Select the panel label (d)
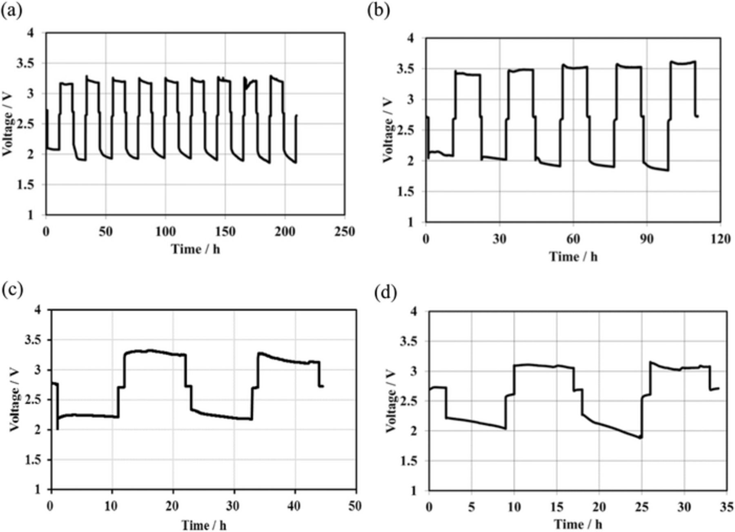click(385, 293)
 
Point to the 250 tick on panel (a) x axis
click(344, 232)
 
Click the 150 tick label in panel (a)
click(225, 232)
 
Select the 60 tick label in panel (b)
click(573, 239)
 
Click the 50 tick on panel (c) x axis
click(356, 506)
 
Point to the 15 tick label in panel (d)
click(556, 507)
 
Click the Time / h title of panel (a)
click(195, 249)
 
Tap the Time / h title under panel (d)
click(578, 524)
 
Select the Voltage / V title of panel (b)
click(388, 130)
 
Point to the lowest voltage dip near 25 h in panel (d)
click(641, 437)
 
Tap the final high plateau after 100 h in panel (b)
click(683, 63)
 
